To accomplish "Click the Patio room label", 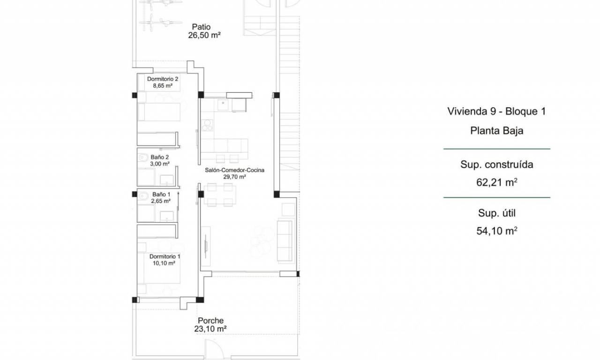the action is click(201, 27).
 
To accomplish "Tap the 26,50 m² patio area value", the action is click(204, 35).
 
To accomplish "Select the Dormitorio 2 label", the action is click(163, 79).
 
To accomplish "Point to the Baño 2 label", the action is click(160, 157).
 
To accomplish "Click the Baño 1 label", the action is click(161, 195).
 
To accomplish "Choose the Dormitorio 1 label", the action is click(165, 256).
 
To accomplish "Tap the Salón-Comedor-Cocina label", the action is click(235, 170).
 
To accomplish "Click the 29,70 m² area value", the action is click(235, 177).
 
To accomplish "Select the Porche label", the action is click(211, 321).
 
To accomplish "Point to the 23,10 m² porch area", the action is click(210, 329).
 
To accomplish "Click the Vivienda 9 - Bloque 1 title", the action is click(496, 112).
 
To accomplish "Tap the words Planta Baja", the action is click(497, 131).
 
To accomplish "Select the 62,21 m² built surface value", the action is click(496, 182).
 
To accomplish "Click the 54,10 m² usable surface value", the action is click(496, 231).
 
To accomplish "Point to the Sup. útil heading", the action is click(497, 213).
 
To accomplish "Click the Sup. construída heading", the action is click(497, 165).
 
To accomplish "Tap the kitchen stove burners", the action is click(207, 125).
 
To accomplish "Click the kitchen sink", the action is click(223, 105).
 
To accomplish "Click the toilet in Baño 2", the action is click(142, 157).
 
